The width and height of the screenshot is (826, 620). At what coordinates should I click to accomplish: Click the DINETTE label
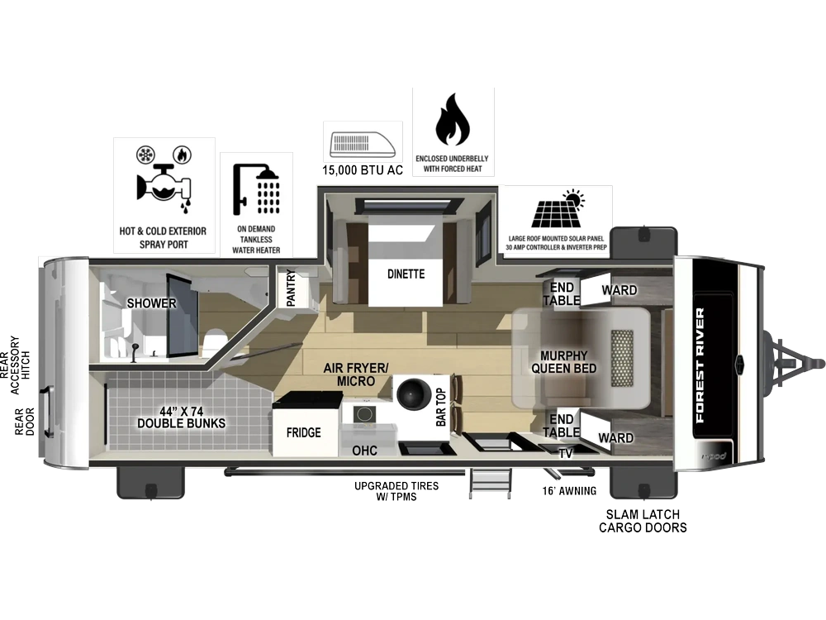pyautogui.click(x=406, y=274)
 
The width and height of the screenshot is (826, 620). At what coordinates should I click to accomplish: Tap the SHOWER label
pyautogui.click(x=151, y=303)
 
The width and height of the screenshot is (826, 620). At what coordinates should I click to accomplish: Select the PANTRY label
pyautogui.click(x=291, y=288)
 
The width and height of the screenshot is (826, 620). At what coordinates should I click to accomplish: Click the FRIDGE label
pyautogui.click(x=303, y=433)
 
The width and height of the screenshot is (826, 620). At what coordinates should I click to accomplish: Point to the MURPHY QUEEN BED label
pyautogui.click(x=563, y=362)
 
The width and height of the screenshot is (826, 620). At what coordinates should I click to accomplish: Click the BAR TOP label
pyautogui.click(x=441, y=407)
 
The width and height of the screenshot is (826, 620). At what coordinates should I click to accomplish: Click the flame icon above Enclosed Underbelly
pyautogui.click(x=453, y=119)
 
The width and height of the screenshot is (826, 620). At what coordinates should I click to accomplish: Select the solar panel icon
pyautogui.click(x=558, y=208)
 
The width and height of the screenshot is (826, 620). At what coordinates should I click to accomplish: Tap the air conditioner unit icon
pyautogui.click(x=363, y=145)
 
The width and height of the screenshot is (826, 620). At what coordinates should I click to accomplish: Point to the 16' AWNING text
pyautogui.click(x=569, y=491)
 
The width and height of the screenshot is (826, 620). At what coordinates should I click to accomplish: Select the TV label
pyautogui.click(x=566, y=453)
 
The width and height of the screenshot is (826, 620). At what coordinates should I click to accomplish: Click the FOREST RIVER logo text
pyautogui.click(x=700, y=365)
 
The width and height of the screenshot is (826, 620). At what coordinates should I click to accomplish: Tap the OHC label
pyautogui.click(x=364, y=451)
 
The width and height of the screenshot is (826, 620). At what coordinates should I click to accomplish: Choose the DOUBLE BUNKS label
pyautogui.click(x=181, y=423)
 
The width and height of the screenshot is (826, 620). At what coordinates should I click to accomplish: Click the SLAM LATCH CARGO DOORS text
pyautogui.click(x=643, y=521)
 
